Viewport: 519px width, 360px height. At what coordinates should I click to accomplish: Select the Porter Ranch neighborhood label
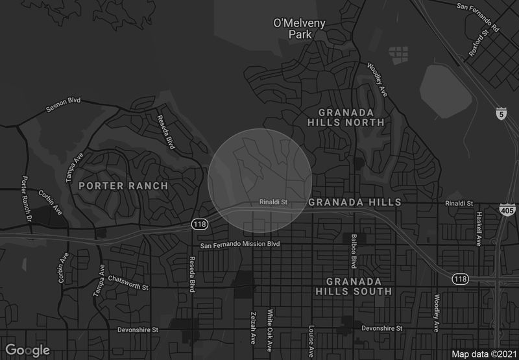(x=123, y=186)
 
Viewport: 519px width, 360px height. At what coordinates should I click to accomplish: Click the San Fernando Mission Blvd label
(x=239, y=245)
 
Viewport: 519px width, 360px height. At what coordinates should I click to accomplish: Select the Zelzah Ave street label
(x=250, y=328)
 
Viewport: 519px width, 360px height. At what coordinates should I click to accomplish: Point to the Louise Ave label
(x=311, y=336)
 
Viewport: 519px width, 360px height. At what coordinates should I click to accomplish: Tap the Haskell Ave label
(x=479, y=228)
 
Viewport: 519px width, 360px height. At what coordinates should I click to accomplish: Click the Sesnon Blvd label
(x=64, y=104)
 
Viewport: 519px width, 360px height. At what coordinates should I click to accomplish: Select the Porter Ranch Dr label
(x=27, y=198)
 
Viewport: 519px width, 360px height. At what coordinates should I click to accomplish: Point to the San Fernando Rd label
(x=479, y=8)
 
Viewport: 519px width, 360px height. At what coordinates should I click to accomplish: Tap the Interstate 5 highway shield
(x=501, y=114)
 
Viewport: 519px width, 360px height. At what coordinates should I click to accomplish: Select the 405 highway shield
(x=507, y=210)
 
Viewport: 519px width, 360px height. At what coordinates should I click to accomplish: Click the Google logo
(x=28, y=350)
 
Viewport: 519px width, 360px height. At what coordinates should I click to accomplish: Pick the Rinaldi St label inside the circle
(x=272, y=202)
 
